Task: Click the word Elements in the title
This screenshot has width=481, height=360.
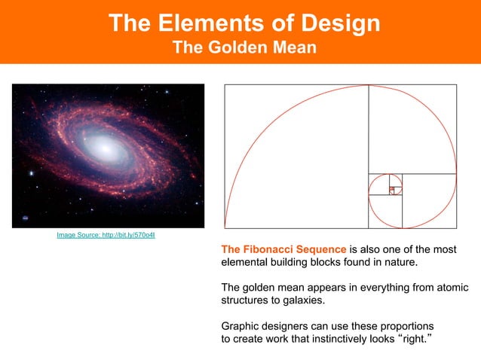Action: tap(203, 23)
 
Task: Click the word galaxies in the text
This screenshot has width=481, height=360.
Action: tap(303, 301)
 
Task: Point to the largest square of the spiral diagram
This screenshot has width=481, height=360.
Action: tap(296, 156)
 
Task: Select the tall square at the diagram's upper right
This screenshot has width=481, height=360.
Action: tap(412, 129)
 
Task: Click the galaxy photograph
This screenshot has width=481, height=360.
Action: tap(108, 155)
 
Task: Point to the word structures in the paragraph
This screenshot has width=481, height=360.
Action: tap(246, 301)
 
